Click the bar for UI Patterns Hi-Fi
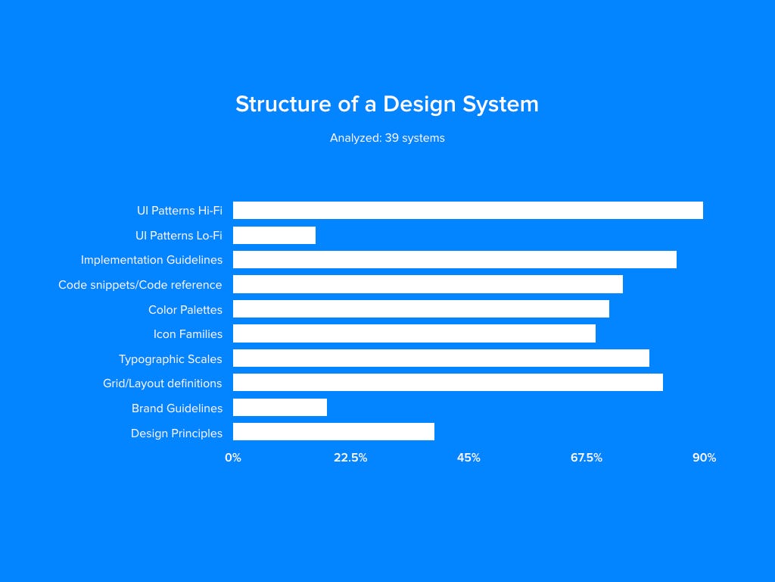(468, 211)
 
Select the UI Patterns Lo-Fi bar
(274, 235)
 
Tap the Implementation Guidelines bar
(455, 260)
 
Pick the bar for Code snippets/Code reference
(428, 285)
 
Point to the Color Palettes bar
(421, 309)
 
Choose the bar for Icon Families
(414, 333)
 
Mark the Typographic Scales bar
(441, 358)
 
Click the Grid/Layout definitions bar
(448, 383)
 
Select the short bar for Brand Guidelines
(280, 407)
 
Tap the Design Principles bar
(334, 431)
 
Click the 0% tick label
(233, 458)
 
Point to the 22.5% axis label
(350, 458)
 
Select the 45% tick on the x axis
(468, 458)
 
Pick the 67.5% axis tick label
(587, 458)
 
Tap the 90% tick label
(705, 458)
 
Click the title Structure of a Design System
(387, 105)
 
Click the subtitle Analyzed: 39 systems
(387, 138)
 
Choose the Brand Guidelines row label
(177, 408)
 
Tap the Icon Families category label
(188, 334)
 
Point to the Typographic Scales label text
(170, 359)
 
